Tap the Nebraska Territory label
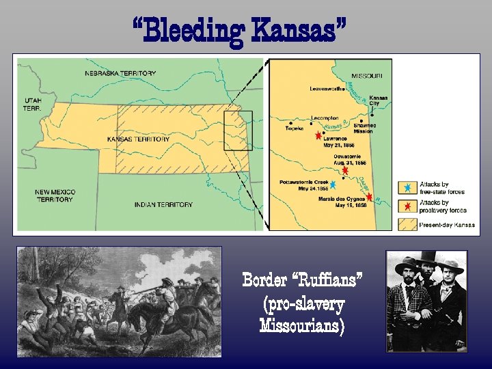(x=120, y=73)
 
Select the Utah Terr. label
(x=31, y=104)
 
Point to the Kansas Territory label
(x=139, y=139)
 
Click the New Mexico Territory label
(x=55, y=196)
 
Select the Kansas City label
(x=379, y=100)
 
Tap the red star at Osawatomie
(x=345, y=171)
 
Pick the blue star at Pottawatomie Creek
(x=333, y=184)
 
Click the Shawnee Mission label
(x=362, y=128)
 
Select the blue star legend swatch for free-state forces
(x=407, y=187)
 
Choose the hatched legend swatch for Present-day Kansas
(x=407, y=223)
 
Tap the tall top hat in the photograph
(x=428, y=257)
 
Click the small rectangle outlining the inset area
(x=238, y=131)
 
